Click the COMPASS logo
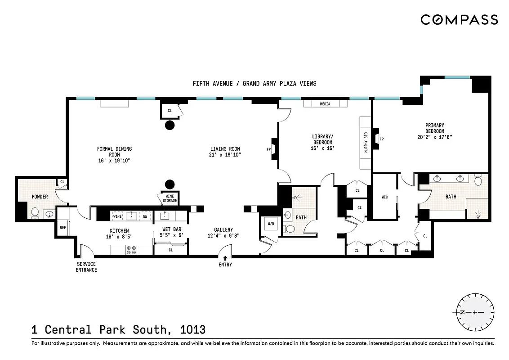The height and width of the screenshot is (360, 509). pos(459,20)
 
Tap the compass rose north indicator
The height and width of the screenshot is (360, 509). pos(462,312)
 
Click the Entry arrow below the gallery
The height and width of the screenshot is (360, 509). pos(225,258)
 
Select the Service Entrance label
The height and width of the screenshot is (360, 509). pos(86,267)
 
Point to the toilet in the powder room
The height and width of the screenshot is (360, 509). pos(35,211)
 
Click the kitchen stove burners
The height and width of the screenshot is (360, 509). pos(131,250)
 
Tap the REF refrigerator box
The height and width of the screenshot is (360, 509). pos(63,228)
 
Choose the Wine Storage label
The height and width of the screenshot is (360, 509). pos(170,198)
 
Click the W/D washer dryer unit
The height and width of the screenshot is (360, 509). pos(271,224)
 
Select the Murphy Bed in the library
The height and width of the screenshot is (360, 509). pos(365,142)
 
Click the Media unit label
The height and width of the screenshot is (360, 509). pos(325,104)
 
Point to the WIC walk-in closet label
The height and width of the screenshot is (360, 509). pos(384,197)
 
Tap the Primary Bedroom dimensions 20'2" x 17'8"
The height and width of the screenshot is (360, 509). pos(435,137)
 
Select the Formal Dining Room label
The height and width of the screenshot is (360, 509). pos(114,154)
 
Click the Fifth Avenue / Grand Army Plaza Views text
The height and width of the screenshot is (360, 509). pos(254,83)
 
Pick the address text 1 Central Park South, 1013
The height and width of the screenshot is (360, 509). pos(118,330)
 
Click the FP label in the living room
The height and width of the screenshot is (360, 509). pos(268,149)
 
